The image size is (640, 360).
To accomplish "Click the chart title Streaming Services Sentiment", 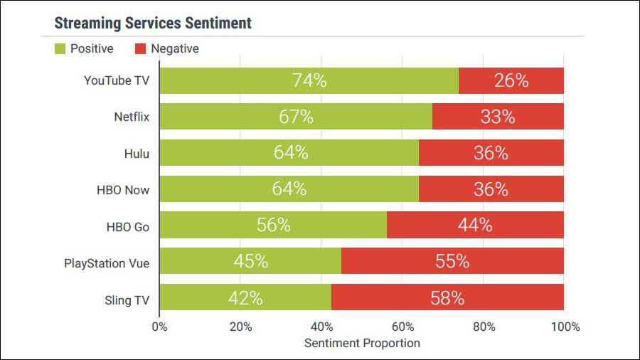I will pyautogui.click(x=153, y=23).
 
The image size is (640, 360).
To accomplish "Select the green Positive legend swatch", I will pyautogui.click(x=60, y=49).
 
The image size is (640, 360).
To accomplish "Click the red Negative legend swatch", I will pyautogui.click(x=140, y=49).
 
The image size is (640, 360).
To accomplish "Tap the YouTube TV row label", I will pyautogui.click(x=117, y=80).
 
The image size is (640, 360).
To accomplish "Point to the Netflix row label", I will pyautogui.click(x=132, y=117).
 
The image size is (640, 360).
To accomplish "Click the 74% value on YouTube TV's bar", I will pyautogui.click(x=309, y=80).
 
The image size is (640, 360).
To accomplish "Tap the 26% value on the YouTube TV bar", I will pyautogui.click(x=511, y=80).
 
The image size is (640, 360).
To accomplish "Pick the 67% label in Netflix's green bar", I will pyautogui.click(x=296, y=117).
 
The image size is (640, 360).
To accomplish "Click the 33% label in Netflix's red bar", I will pyautogui.click(x=498, y=117).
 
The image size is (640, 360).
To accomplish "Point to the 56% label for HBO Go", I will pyautogui.click(x=274, y=226).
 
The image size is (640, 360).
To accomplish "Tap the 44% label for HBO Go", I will pyautogui.click(x=475, y=226).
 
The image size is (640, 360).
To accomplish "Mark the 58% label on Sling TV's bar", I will pyautogui.click(x=447, y=298).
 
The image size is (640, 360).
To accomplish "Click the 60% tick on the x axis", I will pyautogui.click(x=402, y=327).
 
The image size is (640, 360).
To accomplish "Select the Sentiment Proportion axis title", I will pyautogui.click(x=362, y=343).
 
